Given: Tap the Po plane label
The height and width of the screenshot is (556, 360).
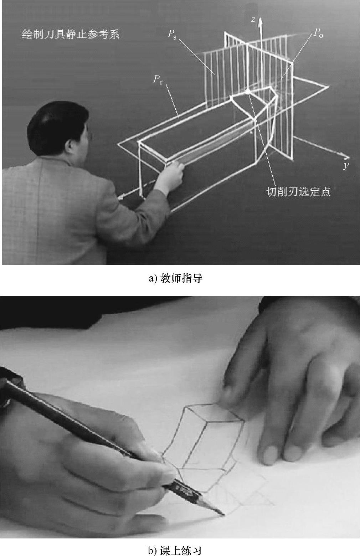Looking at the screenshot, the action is (x=318, y=33).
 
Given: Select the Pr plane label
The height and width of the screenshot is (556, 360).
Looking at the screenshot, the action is (x=158, y=80).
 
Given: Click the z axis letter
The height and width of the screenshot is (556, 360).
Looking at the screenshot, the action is (x=253, y=20).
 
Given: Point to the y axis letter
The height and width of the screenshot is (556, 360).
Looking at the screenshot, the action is (x=346, y=165).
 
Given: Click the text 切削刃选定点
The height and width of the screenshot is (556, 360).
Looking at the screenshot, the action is (x=299, y=192).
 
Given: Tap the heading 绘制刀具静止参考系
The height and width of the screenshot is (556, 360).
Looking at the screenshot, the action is (x=71, y=34).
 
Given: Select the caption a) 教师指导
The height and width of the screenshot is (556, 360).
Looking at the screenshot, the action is (x=176, y=278).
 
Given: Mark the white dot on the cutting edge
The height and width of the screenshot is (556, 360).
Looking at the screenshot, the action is (x=247, y=92).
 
